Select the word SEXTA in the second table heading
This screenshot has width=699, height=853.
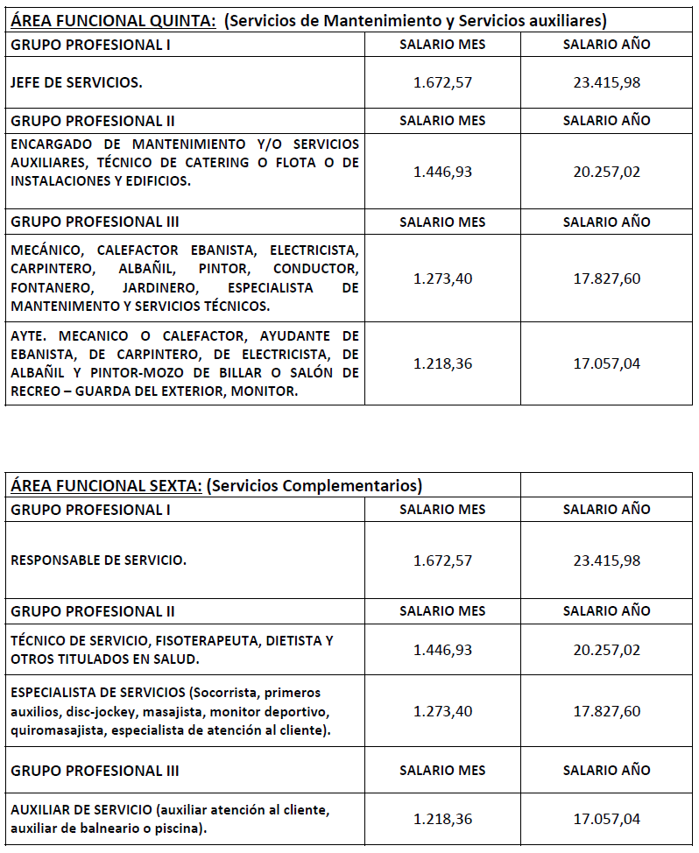click(x=174, y=485)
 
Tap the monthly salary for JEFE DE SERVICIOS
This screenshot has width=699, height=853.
click(x=442, y=82)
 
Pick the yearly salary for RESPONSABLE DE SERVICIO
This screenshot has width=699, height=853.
click(x=607, y=560)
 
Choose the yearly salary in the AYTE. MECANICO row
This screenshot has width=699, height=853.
click(x=607, y=363)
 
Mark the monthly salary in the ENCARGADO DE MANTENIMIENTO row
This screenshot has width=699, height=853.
click(x=442, y=172)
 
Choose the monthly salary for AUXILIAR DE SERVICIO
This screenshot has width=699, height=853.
click(x=442, y=820)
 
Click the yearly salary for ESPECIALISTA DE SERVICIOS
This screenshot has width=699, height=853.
click(x=607, y=712)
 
